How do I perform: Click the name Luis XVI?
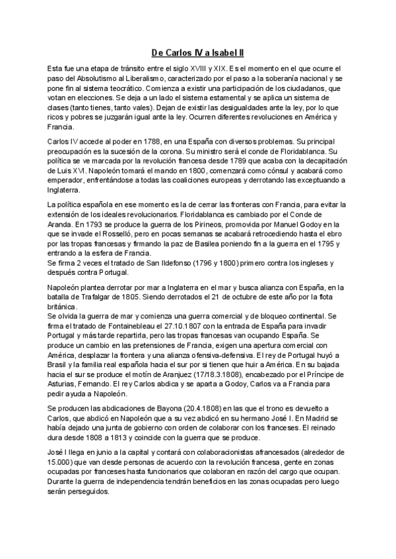coord(63,171)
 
